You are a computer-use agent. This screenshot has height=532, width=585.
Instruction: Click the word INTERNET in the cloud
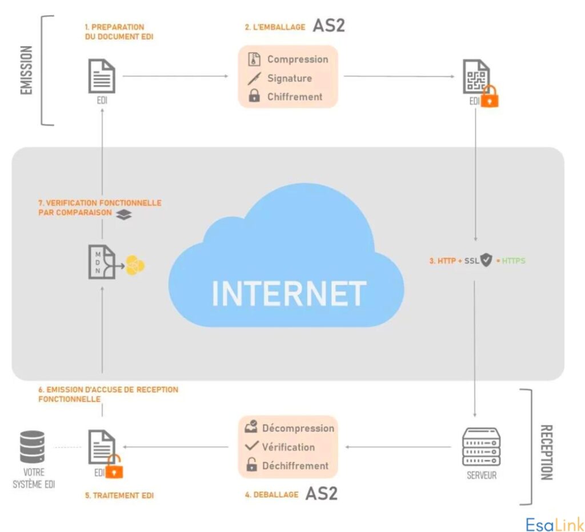289,293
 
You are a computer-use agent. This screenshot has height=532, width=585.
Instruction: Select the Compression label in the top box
298,59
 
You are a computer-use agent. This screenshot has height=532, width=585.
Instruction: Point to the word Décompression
298,428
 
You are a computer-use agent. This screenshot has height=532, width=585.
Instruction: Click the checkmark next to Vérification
251,446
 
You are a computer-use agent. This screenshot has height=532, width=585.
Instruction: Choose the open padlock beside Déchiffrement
251,465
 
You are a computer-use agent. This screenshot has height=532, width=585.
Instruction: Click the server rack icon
481,448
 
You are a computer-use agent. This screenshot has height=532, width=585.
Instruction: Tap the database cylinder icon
32,446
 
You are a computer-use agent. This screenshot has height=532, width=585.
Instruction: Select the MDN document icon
101,262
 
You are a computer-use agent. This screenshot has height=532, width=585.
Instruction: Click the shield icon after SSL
486,260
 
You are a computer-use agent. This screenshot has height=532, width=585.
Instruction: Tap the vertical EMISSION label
26,70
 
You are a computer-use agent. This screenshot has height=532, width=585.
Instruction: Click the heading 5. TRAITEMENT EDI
119,495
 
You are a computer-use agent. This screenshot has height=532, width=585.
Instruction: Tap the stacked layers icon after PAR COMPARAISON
125,214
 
